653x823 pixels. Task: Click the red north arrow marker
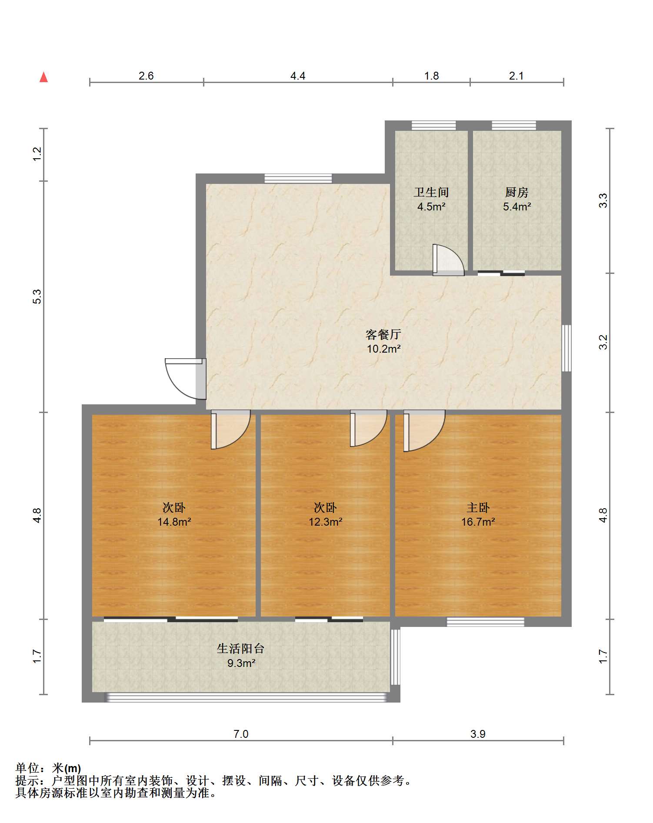43,77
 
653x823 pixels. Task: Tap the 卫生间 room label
431,192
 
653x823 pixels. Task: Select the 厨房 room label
516,192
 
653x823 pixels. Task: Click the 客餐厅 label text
383,334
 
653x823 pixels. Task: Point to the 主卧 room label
478,507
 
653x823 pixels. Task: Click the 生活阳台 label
240,649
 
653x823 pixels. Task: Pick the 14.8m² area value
174,522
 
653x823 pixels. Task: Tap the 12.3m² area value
325,522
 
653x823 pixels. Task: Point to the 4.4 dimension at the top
298,76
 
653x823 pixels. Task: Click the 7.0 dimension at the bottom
240,734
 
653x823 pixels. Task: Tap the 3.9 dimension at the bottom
478,734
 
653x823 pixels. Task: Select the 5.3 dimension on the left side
37,297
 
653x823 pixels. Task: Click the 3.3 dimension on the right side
603,200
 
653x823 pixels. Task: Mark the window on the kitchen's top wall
513,126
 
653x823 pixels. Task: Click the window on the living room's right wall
566,348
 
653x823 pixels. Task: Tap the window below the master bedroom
485,622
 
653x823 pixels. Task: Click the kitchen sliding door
501,273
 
